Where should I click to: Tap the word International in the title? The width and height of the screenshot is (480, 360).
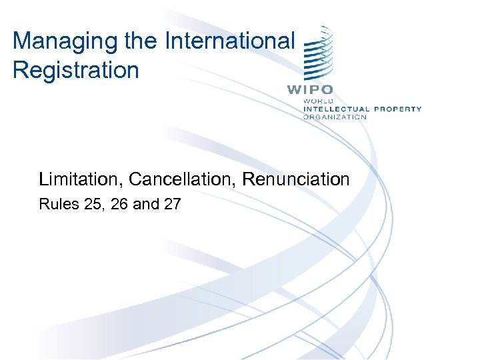point(229,41)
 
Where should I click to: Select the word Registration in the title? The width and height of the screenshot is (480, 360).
point(75,70)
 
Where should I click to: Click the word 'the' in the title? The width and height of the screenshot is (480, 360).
point(141,41)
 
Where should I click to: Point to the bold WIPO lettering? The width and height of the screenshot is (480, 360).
point(310,89)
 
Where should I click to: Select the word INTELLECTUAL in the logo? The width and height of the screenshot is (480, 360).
point(336,109)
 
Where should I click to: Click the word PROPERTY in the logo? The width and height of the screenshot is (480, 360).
point(398,109)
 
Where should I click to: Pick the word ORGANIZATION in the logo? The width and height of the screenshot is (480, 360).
point(335,117)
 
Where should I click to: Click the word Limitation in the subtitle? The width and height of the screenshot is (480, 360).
point(81,179)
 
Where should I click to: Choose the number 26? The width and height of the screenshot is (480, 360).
point(120,205)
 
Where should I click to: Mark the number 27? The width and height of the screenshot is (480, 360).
point(171,205)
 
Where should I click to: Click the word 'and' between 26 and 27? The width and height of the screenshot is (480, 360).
point(146,205)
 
